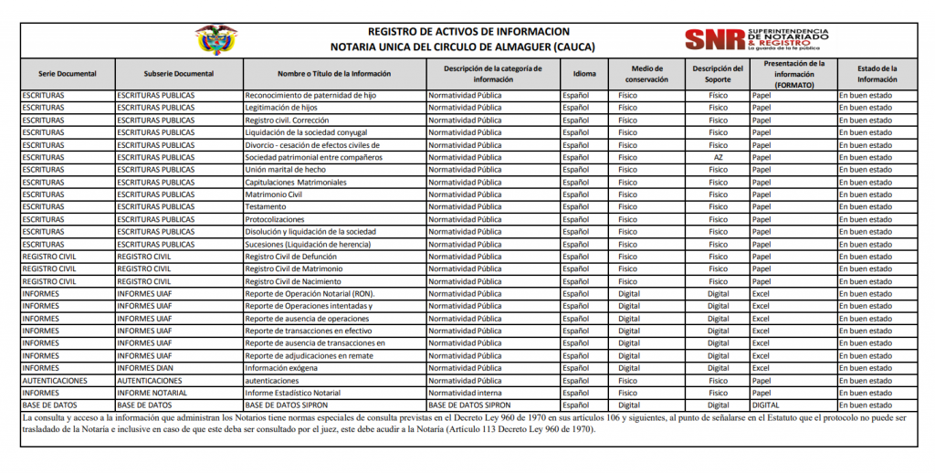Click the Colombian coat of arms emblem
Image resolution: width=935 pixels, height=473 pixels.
tap(215, 39)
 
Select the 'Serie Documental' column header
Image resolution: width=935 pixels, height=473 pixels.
tap(67, 74)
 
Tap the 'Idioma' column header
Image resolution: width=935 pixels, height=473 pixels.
tap(584, 74)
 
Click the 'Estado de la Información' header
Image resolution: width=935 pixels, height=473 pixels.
tap(877, 74)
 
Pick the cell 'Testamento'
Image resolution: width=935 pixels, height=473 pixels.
tap(266, 207)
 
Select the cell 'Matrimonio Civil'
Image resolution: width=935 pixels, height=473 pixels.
tap(274, 194)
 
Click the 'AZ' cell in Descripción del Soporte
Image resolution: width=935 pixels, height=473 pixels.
tap(718, 157)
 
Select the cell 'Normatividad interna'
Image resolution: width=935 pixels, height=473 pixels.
tap(465, 393)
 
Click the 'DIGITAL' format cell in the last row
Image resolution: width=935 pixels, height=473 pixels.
tap(765, 405)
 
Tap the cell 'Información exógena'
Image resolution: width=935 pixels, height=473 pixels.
tap(281, 368)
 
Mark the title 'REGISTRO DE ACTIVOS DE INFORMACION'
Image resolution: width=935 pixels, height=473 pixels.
tap(468, 31)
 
